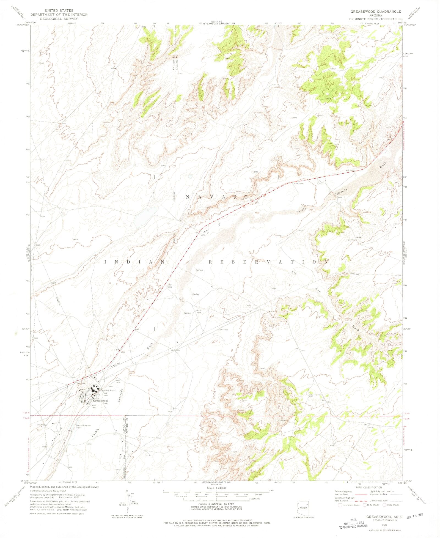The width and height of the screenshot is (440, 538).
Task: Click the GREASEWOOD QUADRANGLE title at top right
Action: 375,12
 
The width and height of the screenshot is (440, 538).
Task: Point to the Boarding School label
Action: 108,390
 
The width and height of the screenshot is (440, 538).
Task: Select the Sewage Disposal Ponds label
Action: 83,426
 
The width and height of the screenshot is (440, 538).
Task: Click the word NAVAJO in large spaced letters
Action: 217,197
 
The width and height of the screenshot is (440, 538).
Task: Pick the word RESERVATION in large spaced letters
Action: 268,262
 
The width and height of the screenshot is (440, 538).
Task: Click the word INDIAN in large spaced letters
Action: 135,262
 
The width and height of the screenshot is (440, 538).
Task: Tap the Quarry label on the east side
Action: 351,240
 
